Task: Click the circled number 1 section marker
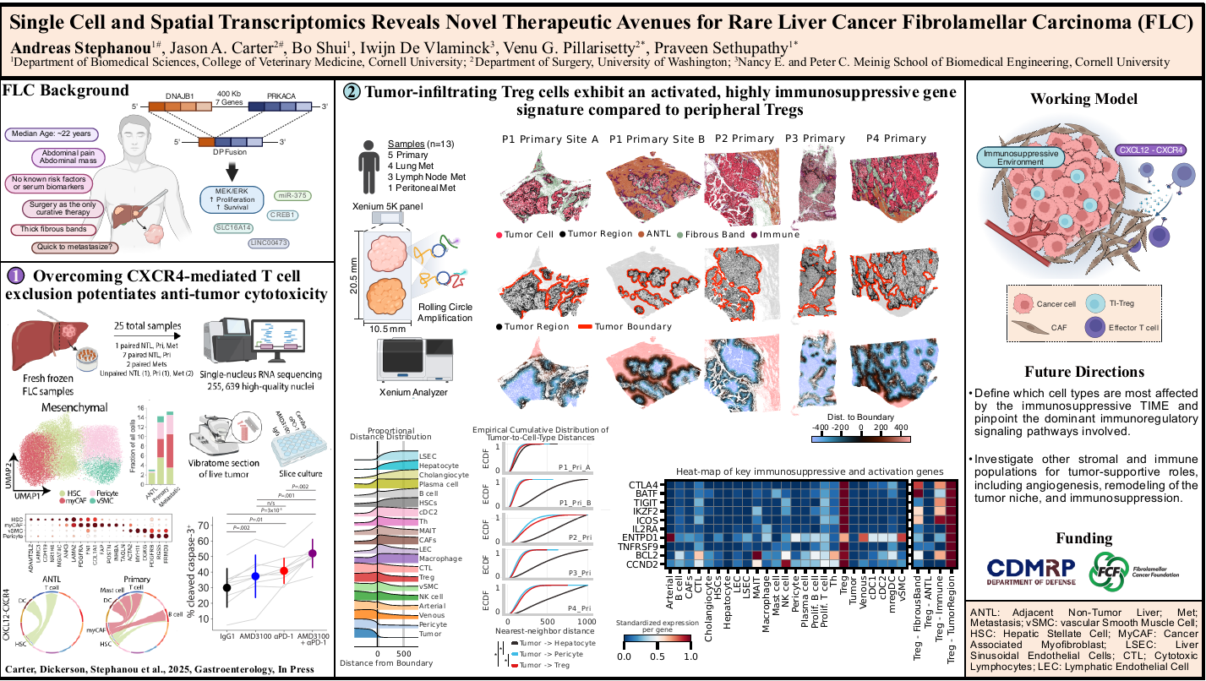point(17,275)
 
